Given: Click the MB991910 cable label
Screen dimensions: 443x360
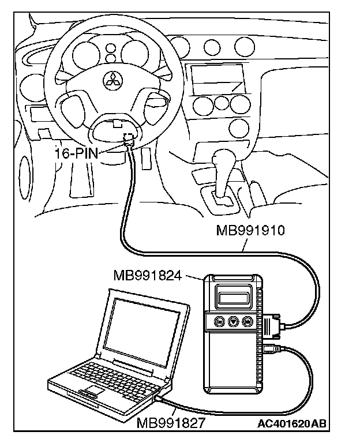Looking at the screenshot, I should click(x=250, y=231).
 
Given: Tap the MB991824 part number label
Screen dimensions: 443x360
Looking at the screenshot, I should click(x=148, y=276).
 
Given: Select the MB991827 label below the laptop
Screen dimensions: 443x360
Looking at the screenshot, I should click(x=171, y=424).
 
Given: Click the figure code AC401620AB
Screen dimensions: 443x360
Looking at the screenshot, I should click(x=292, y=425).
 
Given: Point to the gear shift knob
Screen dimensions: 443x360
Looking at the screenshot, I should click(x=223, y=156).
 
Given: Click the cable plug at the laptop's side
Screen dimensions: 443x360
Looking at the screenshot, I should click(x=159, y=397).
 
